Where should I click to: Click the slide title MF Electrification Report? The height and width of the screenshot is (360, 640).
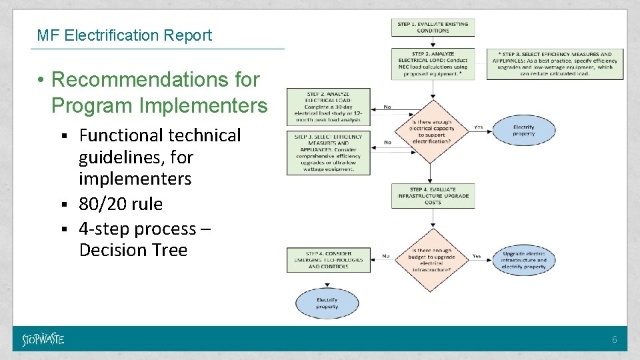click(x=125, y=35)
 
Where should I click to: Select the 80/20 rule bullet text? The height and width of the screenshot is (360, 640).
click(x=121, y=203)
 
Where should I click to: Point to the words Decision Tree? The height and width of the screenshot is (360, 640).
click(x=133, y=250)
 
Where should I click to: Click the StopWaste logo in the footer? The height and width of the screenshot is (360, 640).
click(x=43, y=339)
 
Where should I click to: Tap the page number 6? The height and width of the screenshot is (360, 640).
click(x=615, y=340)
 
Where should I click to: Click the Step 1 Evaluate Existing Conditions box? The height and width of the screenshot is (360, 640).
click(x=433, y=27)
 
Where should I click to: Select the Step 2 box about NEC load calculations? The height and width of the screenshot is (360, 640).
click(x=433, y=64)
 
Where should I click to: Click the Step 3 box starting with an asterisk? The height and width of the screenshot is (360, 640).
click(x=555, y=64)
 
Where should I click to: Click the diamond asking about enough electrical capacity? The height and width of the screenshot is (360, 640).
click(x=432, y=130)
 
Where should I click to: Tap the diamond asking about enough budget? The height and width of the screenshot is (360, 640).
click(x=432, y=261)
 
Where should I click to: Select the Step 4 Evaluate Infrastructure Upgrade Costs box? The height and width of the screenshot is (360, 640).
click(x=433, y=195)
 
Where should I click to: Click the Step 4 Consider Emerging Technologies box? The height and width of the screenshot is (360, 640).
click(x=327, y=260)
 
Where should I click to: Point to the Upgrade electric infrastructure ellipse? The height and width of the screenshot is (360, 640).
click(x=524, y=260)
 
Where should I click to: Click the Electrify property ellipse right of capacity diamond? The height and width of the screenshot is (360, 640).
click(x=523, y=130)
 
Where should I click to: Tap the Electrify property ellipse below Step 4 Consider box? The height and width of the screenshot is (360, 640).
click(x=327, y=303)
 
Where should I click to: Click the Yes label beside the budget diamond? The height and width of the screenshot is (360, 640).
click(x=477, y=255)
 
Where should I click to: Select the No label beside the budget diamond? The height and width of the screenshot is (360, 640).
click(x=386, y=255)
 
